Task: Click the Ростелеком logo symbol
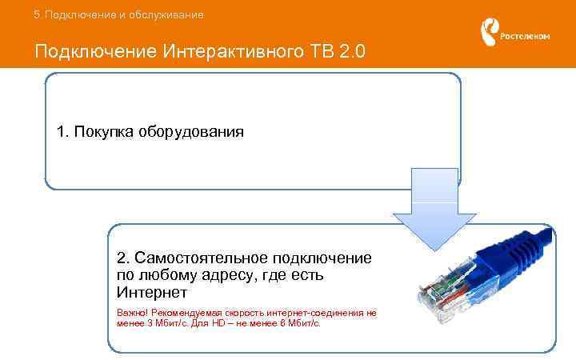coord(489,33)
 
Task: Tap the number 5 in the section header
coord(37,14)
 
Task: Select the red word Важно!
coord(132,314)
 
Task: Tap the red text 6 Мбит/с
coord(294,324)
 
